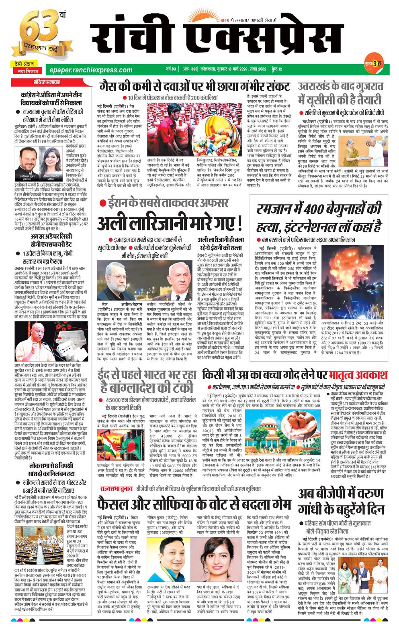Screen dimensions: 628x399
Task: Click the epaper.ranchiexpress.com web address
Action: click(89, 70)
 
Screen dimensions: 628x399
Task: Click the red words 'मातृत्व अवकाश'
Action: click(357, 375)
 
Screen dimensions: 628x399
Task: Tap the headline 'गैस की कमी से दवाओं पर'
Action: click(195, 85)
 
